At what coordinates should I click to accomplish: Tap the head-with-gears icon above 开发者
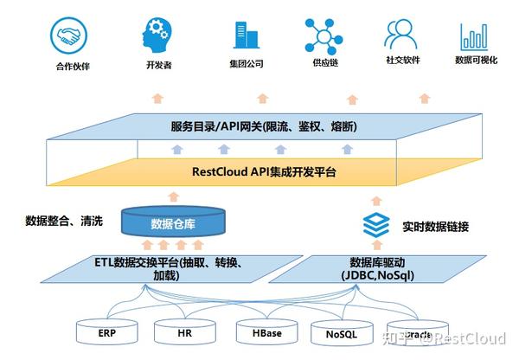click(x=155, y=35)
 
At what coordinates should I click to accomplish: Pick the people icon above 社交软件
click(x=400, y=35)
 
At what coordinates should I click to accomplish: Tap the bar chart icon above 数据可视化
click(x=475, y=35)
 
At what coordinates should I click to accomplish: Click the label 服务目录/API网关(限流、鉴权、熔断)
click(x=264, y=127)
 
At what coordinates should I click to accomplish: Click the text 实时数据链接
click(x=435, y=227)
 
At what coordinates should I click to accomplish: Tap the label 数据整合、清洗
click(x=64, y=221)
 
